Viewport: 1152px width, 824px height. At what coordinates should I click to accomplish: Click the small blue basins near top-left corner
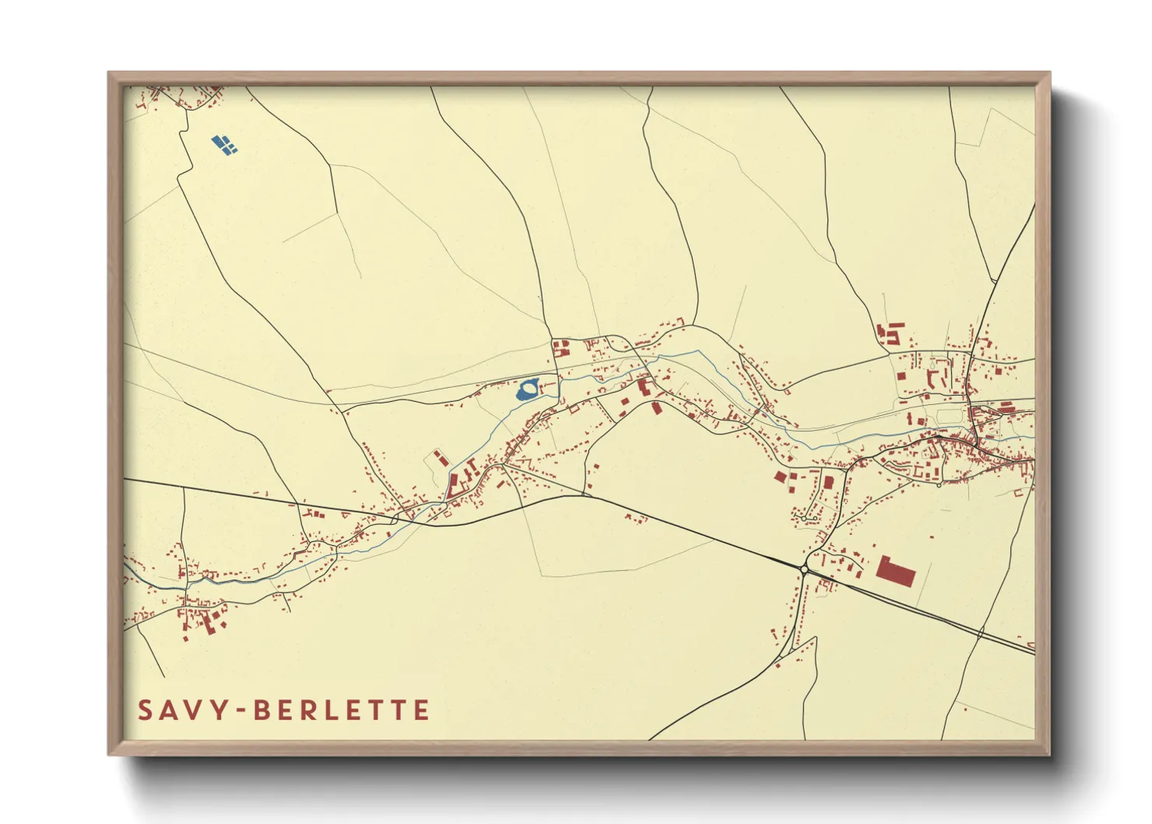tap(224, 144)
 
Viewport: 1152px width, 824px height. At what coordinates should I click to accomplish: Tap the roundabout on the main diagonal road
tap(803, 569)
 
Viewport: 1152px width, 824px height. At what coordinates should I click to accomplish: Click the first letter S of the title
tap(146, 710)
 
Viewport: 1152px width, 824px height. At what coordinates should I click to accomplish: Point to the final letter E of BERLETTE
tap(421, 710)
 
